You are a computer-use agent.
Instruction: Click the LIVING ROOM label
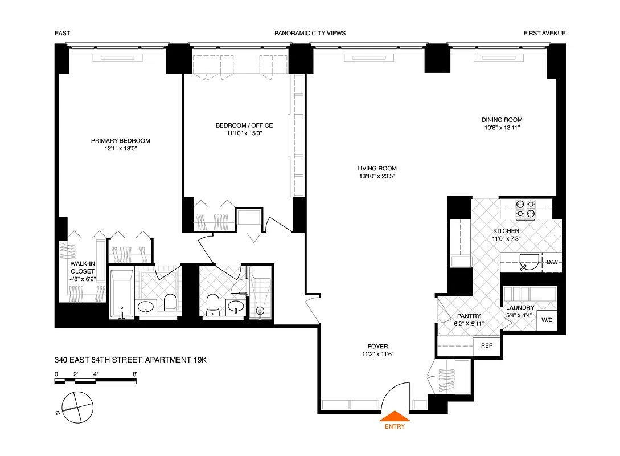(x=377, y=169)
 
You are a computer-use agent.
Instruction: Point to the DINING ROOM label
(x=502, y=120)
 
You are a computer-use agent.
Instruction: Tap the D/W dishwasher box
(x=552, y=262)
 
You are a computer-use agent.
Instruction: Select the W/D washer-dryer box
(x=547, y=320)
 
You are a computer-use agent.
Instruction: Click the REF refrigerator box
(x=486, y=345)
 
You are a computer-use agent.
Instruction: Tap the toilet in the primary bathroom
(x=169, y=302)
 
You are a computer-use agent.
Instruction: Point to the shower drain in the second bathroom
(x=261, y=311)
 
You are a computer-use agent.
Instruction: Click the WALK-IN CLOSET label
(x=83, y=272)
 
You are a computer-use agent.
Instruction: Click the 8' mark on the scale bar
(x=134, y=374)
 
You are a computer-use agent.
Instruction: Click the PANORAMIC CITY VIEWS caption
(x=310, y=33)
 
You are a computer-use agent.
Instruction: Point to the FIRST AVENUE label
(x=544, y=33)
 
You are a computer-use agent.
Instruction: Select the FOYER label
(x=377, y=346)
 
